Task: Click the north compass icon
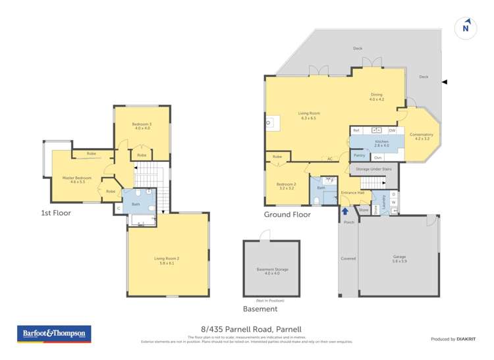tap(466, 27)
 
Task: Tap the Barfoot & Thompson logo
tap(54, 334)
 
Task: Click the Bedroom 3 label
tap(142, 126)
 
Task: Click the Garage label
tap(399, 259)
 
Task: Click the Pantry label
tap(360, 155)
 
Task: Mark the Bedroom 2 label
tap(285, 185)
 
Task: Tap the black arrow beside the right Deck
tap(444, 82)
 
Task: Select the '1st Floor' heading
tap(55, 213)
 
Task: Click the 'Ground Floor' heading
tap(287, 215)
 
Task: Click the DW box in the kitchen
tap(391, 130)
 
